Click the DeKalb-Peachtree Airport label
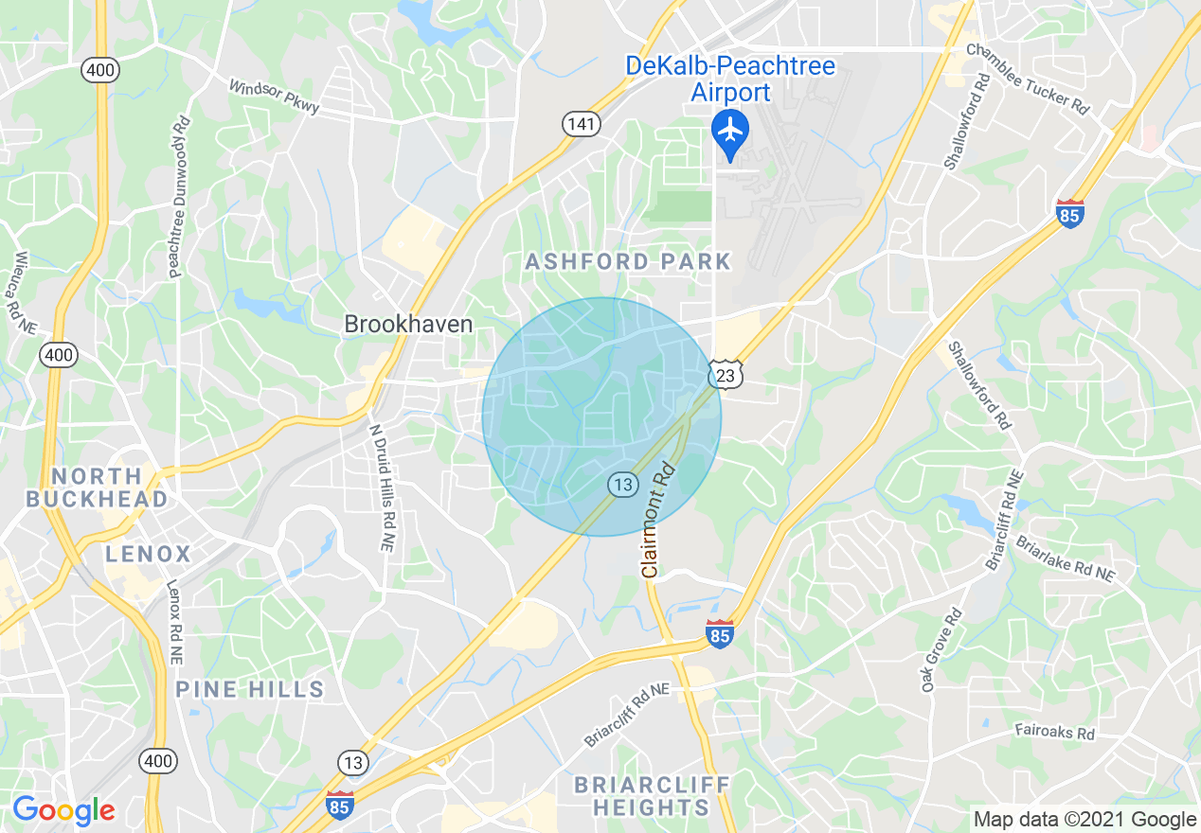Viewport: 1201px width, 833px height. point(730,80)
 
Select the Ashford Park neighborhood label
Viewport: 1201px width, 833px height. point(629,261)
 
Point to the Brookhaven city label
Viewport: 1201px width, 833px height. point(408,325)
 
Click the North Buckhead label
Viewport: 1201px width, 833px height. point(97,487)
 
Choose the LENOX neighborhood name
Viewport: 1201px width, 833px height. point(149,554)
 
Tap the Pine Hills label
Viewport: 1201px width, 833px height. point(250,689)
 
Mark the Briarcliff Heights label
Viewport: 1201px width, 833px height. point(653,796)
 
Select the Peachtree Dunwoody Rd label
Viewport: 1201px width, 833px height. point(179,198)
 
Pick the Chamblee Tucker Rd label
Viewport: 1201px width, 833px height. point(1028,80)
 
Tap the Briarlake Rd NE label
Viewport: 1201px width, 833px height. point(1066,558)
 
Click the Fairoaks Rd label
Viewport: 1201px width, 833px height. point(1054,732)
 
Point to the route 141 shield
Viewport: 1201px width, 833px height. point(578,122)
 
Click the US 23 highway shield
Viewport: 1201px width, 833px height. point(726,377)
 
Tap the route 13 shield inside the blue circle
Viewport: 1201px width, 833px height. point(622,485)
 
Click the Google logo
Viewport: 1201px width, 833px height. point(63,810)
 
